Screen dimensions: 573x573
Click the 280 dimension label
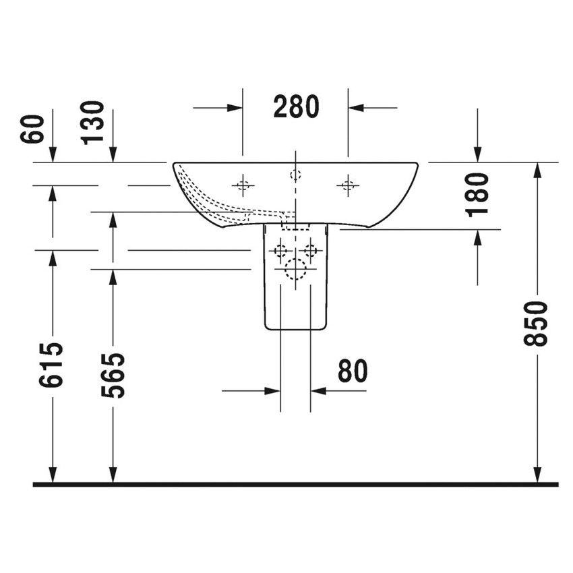295,107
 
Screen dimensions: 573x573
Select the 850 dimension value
537,324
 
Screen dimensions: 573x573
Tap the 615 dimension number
52,364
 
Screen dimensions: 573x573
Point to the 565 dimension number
113,375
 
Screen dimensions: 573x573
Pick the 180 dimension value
477,194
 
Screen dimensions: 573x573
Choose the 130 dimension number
93,122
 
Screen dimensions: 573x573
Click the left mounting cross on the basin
243,184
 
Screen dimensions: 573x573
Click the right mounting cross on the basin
348,184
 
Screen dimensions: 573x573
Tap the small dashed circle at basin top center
295,175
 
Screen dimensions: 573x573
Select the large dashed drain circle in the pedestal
295,270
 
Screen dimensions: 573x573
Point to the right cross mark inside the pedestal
310,251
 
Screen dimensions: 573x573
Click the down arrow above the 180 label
477,154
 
